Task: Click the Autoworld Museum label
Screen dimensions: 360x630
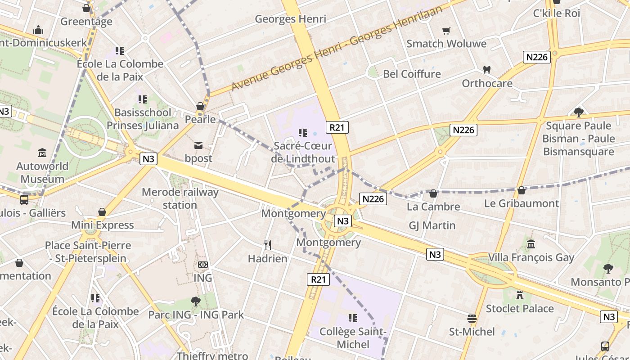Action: click(42, 172)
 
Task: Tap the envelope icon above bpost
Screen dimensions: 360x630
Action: click(198, 145)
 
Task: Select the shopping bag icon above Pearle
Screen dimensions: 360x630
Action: click(200, 107)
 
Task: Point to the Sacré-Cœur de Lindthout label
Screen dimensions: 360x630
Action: click(303, 152)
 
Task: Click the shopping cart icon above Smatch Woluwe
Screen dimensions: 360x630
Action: click(446, 31)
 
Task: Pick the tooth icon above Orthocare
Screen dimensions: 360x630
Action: click(486, 70)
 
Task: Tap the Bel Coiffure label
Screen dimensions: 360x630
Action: click(412, 74)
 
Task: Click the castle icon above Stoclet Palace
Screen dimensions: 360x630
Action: click(520, 295)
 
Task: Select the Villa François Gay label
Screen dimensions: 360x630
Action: click(531, 257)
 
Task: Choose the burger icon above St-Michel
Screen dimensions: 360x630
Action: click(472, 319)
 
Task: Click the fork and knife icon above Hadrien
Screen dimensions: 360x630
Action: click(268, 245)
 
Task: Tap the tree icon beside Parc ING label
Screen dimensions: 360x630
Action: click(195, 301)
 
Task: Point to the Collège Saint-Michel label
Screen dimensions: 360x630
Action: click(353, 338)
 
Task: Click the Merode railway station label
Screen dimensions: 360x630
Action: click(180, 198)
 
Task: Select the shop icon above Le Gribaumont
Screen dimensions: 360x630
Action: click(522, 190)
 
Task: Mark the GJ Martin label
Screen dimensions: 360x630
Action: click(432, 225)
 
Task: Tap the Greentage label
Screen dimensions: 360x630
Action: click(86, 22)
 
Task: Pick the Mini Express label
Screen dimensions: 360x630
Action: click(103, 225)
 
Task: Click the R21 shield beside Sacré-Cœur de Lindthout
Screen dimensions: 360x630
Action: click(337, 127)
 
